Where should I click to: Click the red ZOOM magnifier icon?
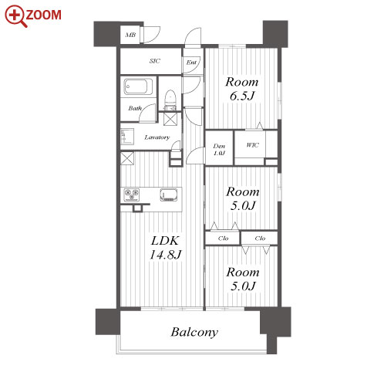[16, 16]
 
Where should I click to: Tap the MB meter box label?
[130, 35]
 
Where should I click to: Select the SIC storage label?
[155, 61]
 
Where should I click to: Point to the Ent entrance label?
[191, 63]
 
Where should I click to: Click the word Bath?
[135, 108]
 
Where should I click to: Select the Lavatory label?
[157, 137]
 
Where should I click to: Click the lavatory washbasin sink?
[127, 137]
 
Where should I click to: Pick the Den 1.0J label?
[219, 150]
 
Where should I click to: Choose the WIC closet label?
[252, 145]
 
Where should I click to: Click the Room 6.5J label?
[242, 89]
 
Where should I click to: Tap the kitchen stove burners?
[132, 195]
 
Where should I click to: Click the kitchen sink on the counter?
[169, 195]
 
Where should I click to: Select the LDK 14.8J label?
[165, 248]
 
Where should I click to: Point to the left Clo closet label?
[223, 239]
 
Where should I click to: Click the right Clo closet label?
[260, 239]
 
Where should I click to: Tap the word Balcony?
[194, 332]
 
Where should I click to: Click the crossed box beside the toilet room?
[170, 119]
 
